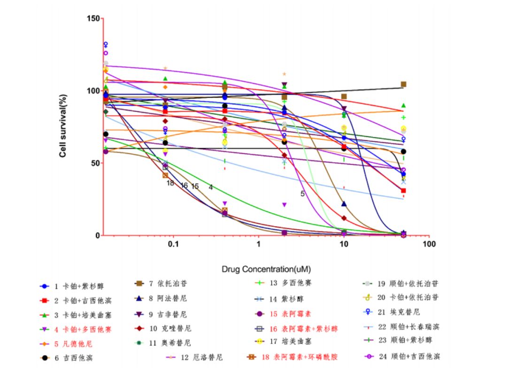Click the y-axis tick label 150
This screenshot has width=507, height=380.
(x=93, y=18)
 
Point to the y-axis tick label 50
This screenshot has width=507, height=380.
(x=95, y=163)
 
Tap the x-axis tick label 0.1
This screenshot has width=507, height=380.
(x=173, y=245)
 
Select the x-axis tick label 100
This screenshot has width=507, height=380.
(x=429, y=245)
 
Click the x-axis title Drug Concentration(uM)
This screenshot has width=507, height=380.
(x=266, y=269)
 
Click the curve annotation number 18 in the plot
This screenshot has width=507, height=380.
(x=170, y=183)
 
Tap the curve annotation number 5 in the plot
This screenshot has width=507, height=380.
(x=303, y=193)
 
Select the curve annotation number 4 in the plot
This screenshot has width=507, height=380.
(x=211, y=187)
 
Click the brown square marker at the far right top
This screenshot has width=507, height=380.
(x=403, y=84)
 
